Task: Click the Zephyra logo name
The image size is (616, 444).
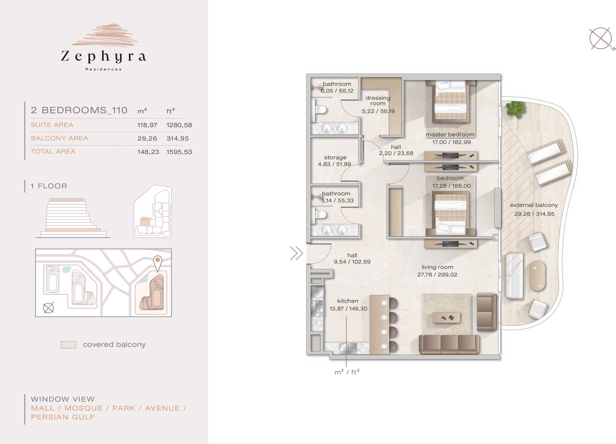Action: [103, 57]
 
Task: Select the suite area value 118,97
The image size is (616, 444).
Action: [147, 125]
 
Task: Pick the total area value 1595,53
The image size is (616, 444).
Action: [179, 152]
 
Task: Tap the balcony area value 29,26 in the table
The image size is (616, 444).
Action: [147, 139]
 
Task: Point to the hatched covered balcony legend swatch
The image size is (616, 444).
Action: [69, 345]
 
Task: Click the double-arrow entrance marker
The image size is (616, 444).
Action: [297, 253]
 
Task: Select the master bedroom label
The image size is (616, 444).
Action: [450, 135]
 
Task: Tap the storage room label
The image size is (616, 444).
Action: [335, 157]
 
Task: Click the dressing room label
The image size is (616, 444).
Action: [378, 101]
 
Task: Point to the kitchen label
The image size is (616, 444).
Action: [348, 301]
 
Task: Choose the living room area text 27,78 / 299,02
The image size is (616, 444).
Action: [437, 274]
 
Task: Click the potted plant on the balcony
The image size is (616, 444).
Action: [516, 109]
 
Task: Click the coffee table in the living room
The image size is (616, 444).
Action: [447, 318]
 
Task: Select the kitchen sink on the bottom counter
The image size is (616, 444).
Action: [348, 348]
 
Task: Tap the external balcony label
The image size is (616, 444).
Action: [534, 205]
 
